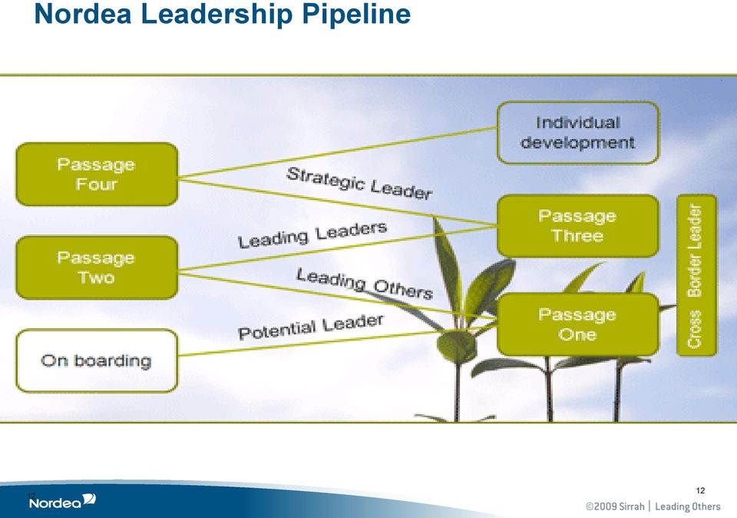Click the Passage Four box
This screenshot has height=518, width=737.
click(97, 174)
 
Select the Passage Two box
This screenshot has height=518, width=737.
click(97, 267)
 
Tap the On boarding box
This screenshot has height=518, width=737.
click(97, 360)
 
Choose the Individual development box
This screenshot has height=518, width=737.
click(578, 133)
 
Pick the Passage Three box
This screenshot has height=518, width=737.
click(578, 226)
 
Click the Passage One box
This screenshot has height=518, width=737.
click(578, 324)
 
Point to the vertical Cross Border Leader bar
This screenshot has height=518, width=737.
click(696, 275)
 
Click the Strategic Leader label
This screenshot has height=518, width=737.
click(359, 183)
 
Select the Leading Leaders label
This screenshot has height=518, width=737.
click(312, 234)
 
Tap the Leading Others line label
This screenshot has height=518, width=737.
click(365, 284)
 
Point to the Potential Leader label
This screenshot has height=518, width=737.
click(311, 327)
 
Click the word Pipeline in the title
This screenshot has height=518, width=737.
click(356, 14)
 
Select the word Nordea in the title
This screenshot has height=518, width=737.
click(83, 13)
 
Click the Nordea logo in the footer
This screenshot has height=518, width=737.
click(62, 502)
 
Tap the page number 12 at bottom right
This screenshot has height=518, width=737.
click(700, 490)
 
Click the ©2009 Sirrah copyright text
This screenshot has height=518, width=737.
click(615, 506)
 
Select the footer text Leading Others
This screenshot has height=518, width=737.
click(688, 506)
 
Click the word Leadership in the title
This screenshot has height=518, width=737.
click(217, 13)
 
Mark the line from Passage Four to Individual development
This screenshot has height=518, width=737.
click(338, 152)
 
